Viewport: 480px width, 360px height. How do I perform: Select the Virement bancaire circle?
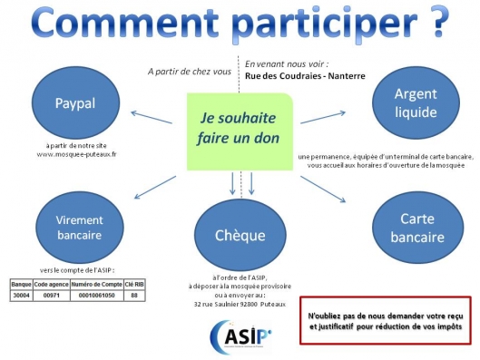pos(79,228)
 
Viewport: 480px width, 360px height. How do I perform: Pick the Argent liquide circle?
pos(416,103)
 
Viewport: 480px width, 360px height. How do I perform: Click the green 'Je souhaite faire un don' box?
pos(240,131)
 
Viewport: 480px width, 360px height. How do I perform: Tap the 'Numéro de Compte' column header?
pos(98,284)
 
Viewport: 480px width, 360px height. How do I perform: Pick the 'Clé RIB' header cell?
pos(133,284)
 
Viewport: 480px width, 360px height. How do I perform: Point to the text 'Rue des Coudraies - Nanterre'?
pos(304,76)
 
